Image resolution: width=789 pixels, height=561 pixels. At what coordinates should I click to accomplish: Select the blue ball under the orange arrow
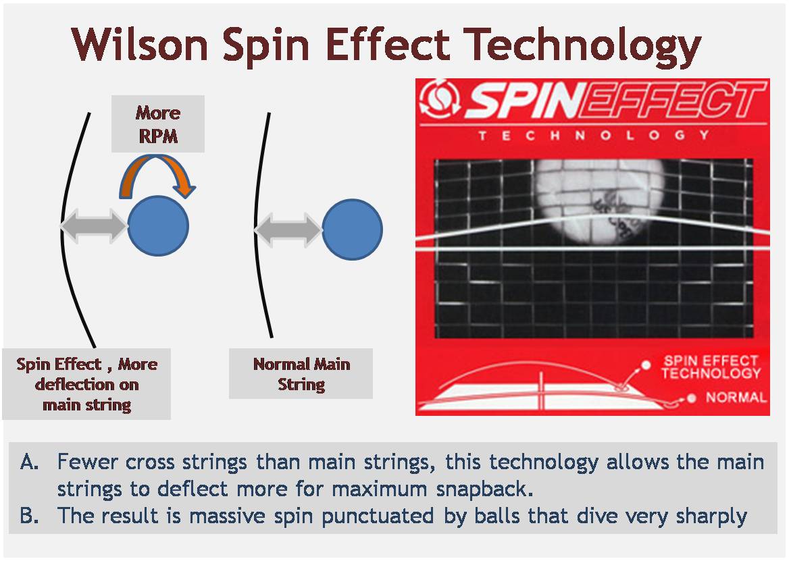point(158,225)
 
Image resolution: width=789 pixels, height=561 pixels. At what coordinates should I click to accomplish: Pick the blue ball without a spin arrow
point(352,229)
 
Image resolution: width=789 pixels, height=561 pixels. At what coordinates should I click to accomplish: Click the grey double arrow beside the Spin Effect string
point(94,225)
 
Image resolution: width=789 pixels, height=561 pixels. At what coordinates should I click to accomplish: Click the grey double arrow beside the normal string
point(288,229)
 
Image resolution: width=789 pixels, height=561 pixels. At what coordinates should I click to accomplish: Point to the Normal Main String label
point(301,374)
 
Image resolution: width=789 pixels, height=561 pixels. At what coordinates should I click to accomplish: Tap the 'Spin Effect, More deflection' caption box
point(86,384)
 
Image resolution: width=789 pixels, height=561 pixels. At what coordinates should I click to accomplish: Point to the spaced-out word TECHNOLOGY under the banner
point(593,135)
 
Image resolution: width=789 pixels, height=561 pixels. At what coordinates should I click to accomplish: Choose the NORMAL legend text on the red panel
point(736,397)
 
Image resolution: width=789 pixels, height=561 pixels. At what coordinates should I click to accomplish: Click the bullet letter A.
point(29,462)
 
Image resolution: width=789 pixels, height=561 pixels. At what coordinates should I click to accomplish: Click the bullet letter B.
point(29,516)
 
